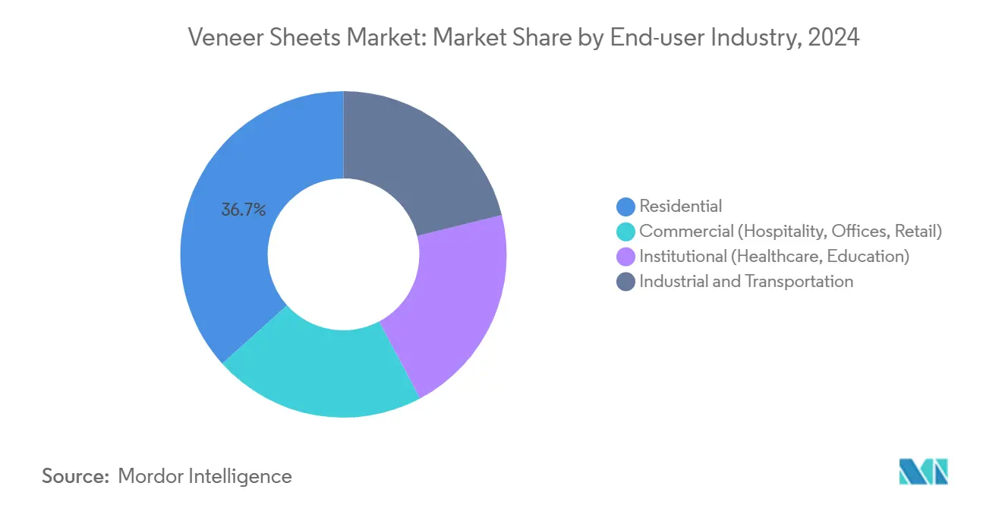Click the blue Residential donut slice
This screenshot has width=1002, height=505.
pyautogui.click(x=228, y=251)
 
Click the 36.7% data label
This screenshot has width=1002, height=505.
pyautogui.click(x=243, y=210)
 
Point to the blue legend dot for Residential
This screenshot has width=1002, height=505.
pyautogui.click(x=626, y=206)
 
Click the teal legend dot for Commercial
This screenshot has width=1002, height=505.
pyautogui.click(x=626, y=231)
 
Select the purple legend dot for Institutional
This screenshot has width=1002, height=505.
pyautogui.click(x=626, y=256)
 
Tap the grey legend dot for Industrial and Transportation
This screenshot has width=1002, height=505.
pyautogui.click(x=626, y=282)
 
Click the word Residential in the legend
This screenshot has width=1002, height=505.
pyautogui.click(x=681, y=206)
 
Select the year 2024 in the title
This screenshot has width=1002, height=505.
pyautogui.click(x=836, y=37)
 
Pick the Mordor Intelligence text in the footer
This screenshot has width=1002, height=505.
pyautogui.click(x=205, y=476)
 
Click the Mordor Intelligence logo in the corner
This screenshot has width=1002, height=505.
pyautogui.click(x=923, y=472)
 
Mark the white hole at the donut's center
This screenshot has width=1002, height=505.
pyautogui.click(x=343, y=255)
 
